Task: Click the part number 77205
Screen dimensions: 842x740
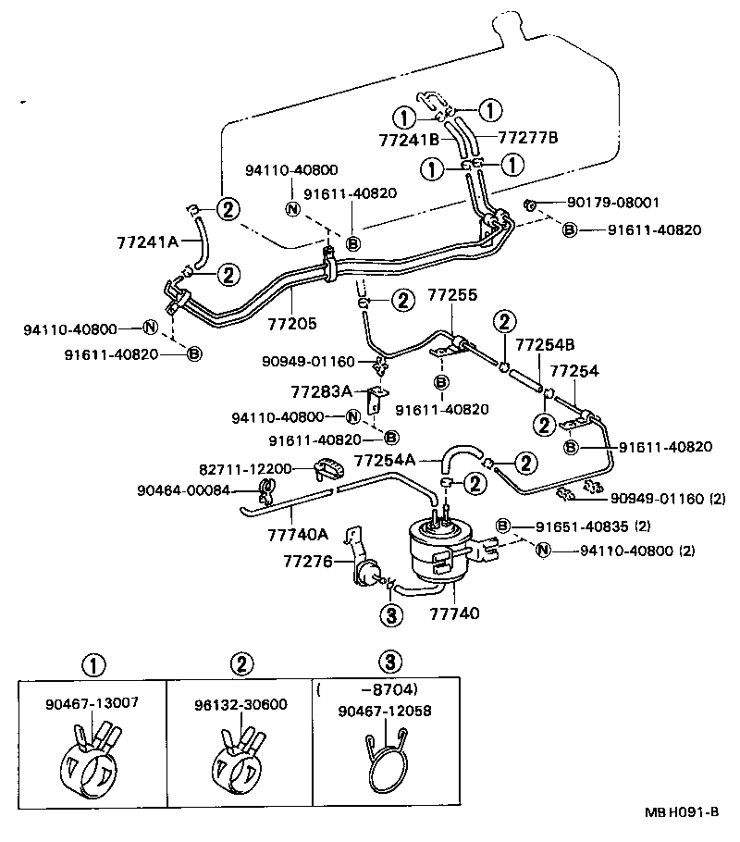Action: tap(292, 325)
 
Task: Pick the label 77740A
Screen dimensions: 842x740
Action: tap(298, 534)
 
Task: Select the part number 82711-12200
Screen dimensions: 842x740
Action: tap(244, 469)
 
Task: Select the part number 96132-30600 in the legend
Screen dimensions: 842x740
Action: tap(240, 704)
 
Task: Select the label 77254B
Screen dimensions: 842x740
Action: tap(545, 345)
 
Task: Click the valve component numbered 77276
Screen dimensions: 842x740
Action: tap(369, 571)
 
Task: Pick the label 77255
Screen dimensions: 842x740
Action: tap(452, 296)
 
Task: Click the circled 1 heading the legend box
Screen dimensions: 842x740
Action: tap(92, 662)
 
